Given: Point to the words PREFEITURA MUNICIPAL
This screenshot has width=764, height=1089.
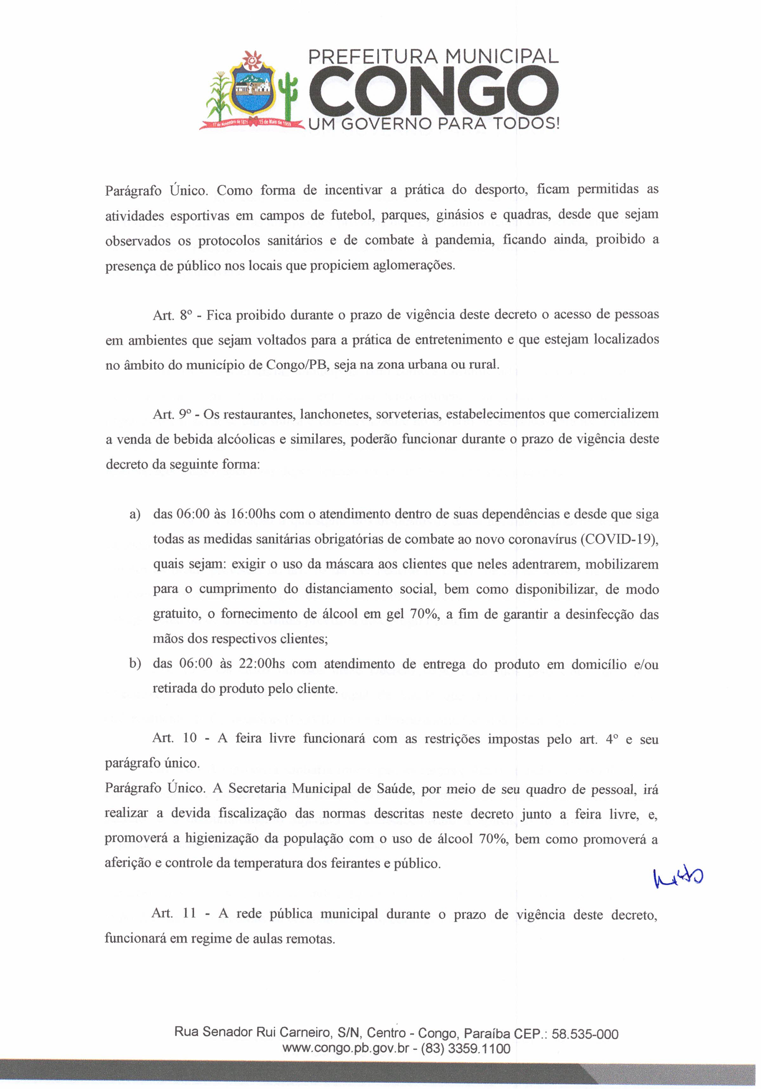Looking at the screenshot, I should [x=433, y=57].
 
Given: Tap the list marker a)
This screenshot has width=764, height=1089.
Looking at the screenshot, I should [x=135, y=515].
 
